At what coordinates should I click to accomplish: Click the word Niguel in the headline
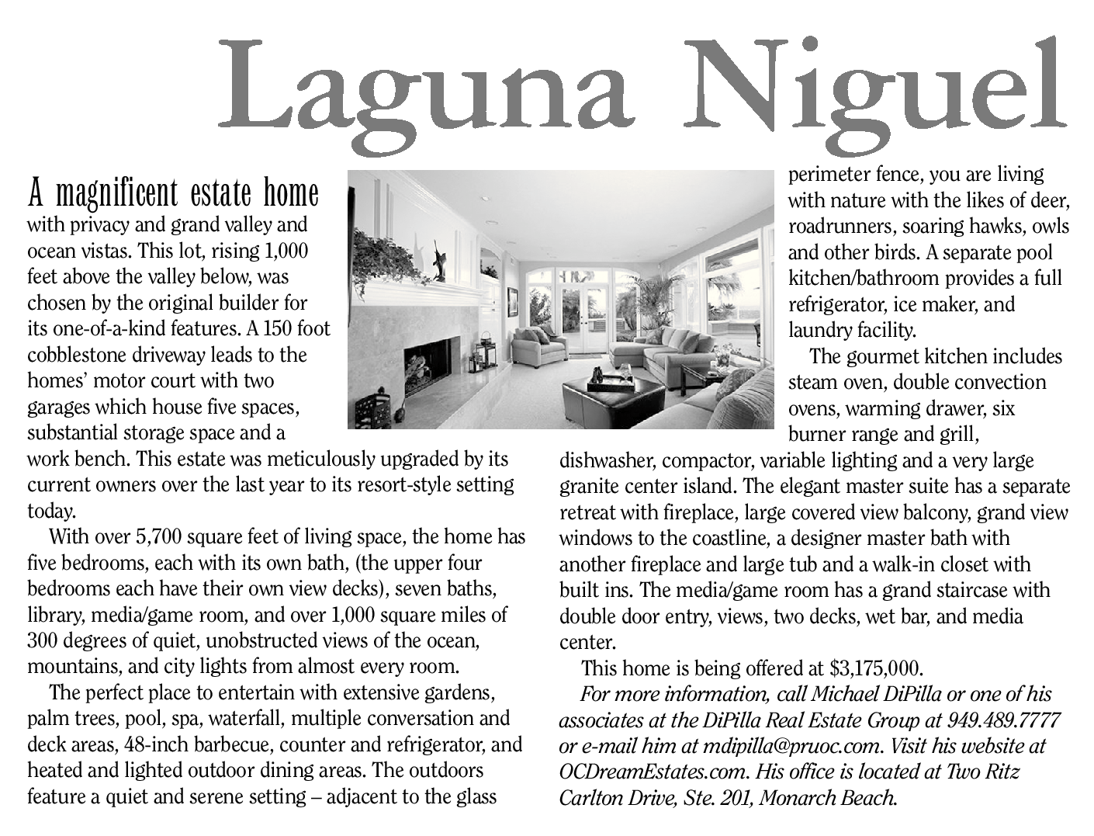[x=877, y=85]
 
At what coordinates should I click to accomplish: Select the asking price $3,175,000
[x=875, y=668]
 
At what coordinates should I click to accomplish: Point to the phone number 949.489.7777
[x=1004, y=720]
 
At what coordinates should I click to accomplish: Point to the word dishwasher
[x=608, y=461]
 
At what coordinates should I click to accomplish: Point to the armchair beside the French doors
[x=541, y=347]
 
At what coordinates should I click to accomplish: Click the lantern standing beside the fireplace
[x=486, y=353]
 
